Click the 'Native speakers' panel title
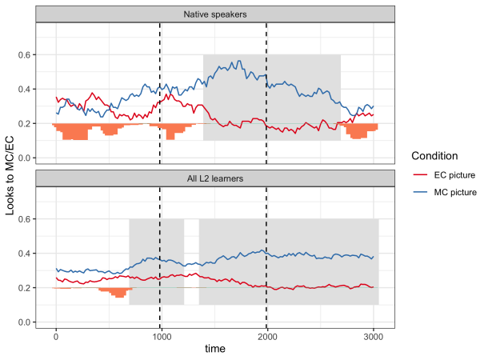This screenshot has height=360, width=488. pos(214,14)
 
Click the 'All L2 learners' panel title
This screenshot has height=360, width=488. pos(214,178)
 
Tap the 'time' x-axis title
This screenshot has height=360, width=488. pos(214,349)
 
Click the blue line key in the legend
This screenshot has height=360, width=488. pos(419,192)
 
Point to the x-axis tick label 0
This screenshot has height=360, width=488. pos(56,336)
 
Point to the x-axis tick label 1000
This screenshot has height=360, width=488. pos(161,336)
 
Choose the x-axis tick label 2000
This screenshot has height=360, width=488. pos(266,336)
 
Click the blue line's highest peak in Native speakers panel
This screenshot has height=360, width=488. pos(237,62)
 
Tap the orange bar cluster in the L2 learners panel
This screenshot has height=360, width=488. pos(118,292)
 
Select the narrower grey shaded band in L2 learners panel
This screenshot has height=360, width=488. pos(157,262)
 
